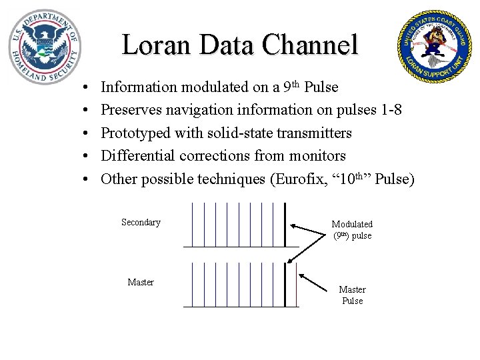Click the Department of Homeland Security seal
pyautogui.click(x=45, y=45)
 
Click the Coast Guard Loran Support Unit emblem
pyautogui.click(x=433, y=45)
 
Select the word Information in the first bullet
pyautogui.click(x=139, y=87)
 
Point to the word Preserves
pyautogui.click(x=131, y=109)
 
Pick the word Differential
pyautogui.click(x=136, y=155)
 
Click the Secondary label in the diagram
pyautogui.click(x=141, y=223)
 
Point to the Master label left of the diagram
pyautogui.click(x=141, y=282)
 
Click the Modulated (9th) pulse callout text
pyautogui.click(x=352, y=230)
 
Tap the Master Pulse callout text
pyautogui.click(x=352, y=295)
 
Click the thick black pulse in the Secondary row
pyautogui.click(x=285, y=224)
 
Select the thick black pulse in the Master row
pyautogui.click(x=285, y=284)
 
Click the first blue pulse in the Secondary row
pyautogui.click(x=192, y=224)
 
